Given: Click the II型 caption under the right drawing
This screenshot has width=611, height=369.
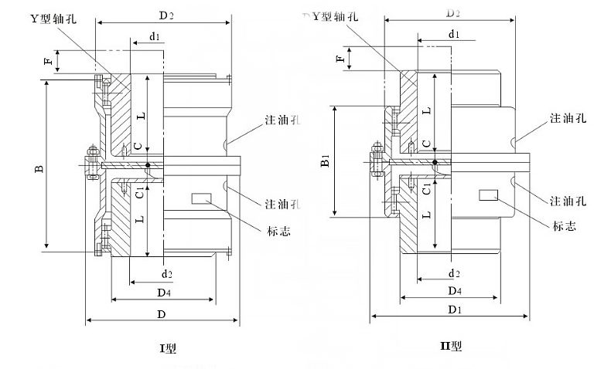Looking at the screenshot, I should click(450, 346).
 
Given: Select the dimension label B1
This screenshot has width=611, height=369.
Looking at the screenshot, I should click(326, 161).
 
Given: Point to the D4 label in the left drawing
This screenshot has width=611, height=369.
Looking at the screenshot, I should click(164, 293).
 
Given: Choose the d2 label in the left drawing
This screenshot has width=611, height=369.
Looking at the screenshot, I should click(166, 274).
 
